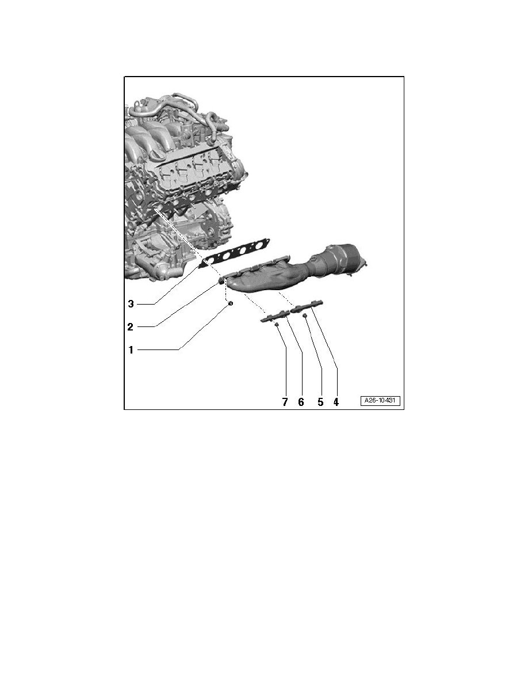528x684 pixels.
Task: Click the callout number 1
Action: click(131, 349)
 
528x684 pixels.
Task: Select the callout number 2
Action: click(131, 326)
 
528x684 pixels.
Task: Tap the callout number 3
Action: click(131, 303)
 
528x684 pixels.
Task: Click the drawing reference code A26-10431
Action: click(381, 401)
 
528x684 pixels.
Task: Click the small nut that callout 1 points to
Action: click(230, 303)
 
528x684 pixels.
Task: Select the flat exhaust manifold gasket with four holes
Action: click(236, 253)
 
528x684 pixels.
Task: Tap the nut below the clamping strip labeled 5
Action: click(305, 316)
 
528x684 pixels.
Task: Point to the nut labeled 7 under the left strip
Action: click(276, 325)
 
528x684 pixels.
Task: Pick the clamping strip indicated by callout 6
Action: click(276, 316)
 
